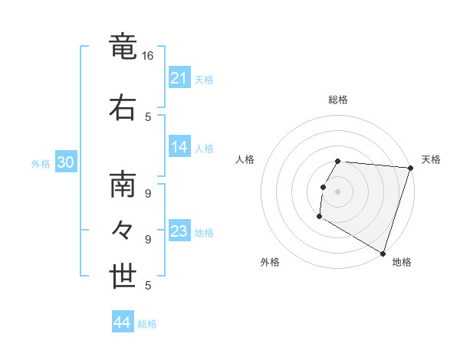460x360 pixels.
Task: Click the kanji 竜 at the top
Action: click(124, 47)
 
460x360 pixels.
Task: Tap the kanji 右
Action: click(124, 106)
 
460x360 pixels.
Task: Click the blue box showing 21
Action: click(179, 78)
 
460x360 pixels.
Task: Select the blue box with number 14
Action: click(179, 148)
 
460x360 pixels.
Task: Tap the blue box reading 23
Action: click(179, 231)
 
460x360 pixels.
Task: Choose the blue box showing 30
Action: click(65, 163)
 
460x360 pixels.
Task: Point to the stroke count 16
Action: click(148, 56)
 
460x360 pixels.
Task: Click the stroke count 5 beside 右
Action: click(148, 116)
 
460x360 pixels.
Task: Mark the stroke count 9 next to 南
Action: click(148, 193)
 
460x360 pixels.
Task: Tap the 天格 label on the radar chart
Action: click(431, 159)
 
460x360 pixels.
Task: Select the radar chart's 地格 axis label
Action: click(402, 262)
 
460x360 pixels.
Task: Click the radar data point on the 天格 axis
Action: click(410, 168)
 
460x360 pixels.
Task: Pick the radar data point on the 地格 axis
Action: click(382, 252)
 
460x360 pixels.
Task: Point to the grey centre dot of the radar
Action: click(337, 191)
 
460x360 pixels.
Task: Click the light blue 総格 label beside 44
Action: click(147, 324)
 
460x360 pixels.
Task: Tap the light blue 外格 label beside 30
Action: click(41, 164)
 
